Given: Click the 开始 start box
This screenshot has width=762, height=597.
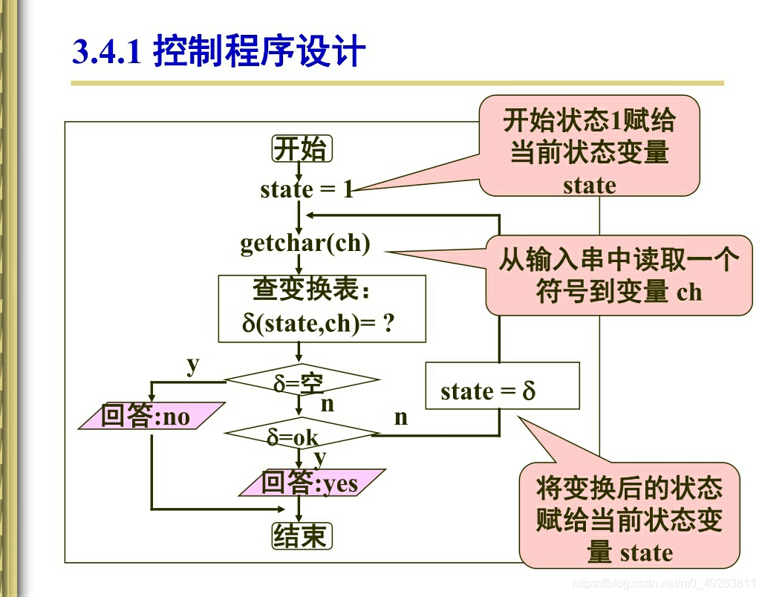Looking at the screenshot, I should click(301, 149).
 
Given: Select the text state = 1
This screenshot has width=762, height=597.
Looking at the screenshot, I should click(306, 189).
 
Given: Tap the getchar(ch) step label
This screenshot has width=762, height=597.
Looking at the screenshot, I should click(305, 243).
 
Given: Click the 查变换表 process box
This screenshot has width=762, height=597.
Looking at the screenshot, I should click(322, 308).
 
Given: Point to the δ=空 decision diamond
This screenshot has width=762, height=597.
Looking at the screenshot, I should click(301, 382).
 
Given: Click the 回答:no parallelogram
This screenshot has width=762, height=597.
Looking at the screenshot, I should click(151, 417).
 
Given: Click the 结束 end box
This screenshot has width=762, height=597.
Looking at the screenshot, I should click(301, 535).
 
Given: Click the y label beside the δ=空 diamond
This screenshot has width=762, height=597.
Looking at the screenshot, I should click(193, 365).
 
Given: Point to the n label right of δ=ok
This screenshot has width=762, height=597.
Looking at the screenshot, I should click(401, 417).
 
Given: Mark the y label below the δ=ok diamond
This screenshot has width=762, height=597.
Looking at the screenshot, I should click(320, 457).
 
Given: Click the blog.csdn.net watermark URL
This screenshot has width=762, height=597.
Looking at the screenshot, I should click(665, 584).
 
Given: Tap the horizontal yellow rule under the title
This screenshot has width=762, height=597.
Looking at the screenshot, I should click(397, 83).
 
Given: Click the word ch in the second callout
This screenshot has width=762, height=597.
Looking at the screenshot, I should click(688, 292).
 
